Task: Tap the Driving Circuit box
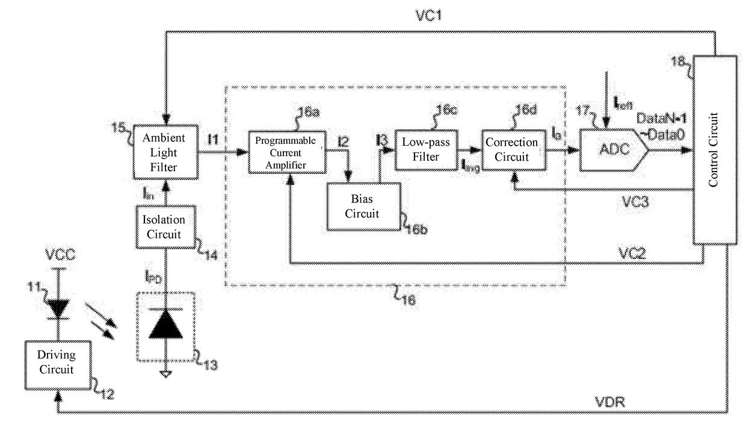coord(57,363)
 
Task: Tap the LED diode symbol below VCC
coord(58,308)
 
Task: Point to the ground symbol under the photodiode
coord(162,374)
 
